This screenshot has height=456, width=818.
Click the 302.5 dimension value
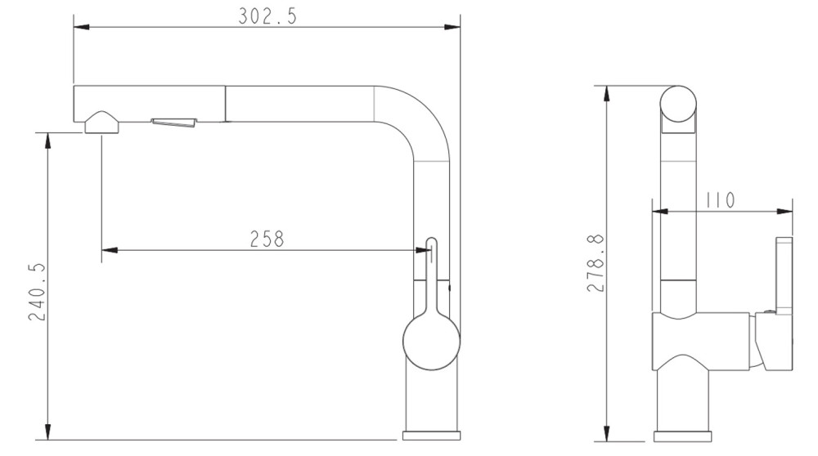click(x=267, y=16)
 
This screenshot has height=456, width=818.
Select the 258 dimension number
click(x=267, y=239)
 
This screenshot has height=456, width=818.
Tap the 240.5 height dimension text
click(x=37, y=292)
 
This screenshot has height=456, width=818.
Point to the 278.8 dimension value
click(x=596, y=263)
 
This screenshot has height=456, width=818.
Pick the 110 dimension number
click(x=720, y=200)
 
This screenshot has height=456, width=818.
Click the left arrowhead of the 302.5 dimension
click(x=81, y=27)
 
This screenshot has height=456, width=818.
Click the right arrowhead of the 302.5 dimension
click(x=452, y=27)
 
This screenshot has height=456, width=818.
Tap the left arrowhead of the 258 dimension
click(x=110, y=250)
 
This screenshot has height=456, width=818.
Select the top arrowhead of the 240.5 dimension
click(x=48, y=141)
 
